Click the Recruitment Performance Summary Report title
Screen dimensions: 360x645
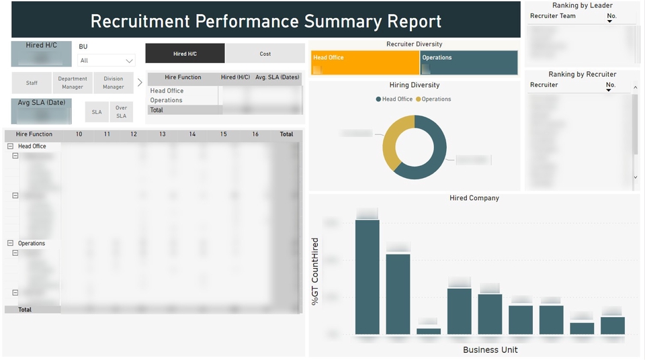point(266,21)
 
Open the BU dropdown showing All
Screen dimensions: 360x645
point(106,60)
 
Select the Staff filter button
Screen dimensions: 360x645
point(32,83)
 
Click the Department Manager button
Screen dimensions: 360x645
point(73,83)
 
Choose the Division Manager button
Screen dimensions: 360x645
point(114,83)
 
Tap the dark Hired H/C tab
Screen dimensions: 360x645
point(185,54)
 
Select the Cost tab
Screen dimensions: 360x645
point(265,54)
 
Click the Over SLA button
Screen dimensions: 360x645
point(121,112)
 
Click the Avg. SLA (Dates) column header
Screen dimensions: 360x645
point(277,77)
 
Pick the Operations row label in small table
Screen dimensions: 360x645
point(167,100)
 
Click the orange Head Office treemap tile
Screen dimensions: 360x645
point(365,62)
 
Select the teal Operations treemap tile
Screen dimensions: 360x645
point(469,62)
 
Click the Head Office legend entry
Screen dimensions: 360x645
point(394,99)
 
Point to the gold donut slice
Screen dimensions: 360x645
point(390,151)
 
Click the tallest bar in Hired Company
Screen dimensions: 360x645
point(368,277)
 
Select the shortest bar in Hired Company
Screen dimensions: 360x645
point(429,331)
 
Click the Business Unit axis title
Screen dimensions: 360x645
point(490,350)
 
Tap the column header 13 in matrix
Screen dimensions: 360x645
point(163,134)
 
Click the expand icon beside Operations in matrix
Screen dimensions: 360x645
point(10,243)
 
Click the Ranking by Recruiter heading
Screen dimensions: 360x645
point(582,74)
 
